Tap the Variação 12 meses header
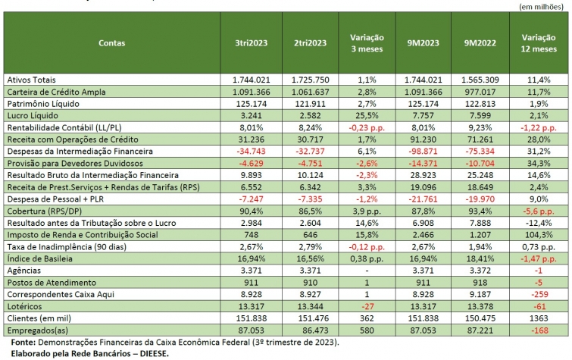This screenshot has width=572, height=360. (x=539, y=43)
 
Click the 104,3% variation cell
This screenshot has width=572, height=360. (x=539, y=234)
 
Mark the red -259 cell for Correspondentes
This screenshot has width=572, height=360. (x=539, y=294)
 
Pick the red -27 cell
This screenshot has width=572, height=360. (x=367, y=306)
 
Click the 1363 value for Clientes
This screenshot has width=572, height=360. (x=539, y=318)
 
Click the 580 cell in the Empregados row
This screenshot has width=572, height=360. (x=367, y=330)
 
